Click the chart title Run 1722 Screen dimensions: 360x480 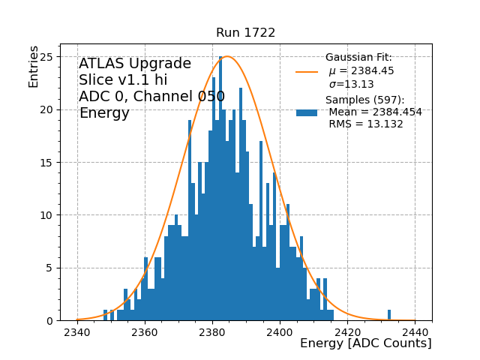pos(245,33)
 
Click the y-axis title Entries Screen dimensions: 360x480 pos(34,66)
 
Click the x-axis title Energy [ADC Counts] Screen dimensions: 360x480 pos(365,343)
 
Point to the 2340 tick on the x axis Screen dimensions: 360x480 pos(77,331)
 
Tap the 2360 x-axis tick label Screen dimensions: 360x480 pos(145,331)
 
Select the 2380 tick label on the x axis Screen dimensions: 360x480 pos(212,331)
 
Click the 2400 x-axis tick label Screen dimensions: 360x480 pos(280,331)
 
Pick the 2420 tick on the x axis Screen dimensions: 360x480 pos(347,331)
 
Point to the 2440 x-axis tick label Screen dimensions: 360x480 pos(415,331)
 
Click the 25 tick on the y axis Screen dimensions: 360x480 pos(46,57)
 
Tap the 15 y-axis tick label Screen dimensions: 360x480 pos(46,163)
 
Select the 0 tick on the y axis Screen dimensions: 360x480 pos(49,321)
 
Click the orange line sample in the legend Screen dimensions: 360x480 pos(307,71)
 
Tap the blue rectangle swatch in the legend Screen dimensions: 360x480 pos(307,112)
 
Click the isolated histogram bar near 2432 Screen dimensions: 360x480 pos(389,315)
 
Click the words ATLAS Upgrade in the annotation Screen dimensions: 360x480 pos(135,64)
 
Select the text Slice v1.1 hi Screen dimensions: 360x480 pos(123,80)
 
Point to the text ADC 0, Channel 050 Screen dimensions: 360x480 pos(151,97)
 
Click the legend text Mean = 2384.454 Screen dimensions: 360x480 pos(375,112)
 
